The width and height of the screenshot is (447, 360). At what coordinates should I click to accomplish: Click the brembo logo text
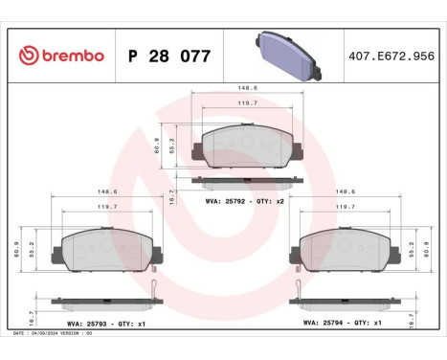click(70, 56)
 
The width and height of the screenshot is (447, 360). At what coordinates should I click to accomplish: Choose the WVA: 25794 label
click(323, 324)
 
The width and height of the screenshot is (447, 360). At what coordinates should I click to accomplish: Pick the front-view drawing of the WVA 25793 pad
click(107, 251)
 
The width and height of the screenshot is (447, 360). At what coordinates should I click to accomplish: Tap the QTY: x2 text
click(273, 201)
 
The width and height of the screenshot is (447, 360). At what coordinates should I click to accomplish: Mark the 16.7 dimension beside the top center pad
click(171, 194)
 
